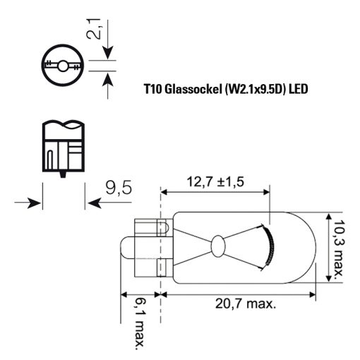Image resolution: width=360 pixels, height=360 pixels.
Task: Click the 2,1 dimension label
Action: pyautogui.click(x=94, y=29)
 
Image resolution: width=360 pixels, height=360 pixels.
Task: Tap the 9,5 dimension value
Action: pyautogui.click(x=119, y=188)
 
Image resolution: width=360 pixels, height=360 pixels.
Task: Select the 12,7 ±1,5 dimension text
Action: pyautogui.click(x=215, y=182)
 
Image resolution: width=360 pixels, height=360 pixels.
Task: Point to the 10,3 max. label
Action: pyautogui.click(x=339, y=248)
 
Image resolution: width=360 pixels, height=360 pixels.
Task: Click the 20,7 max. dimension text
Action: pyautogui.click(x=245, y=304)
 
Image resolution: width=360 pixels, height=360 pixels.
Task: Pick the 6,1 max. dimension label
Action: pyautogui.click(x=139, y=324)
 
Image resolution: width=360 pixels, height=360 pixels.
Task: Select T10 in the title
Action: pyautogui.click(x=152, y=90)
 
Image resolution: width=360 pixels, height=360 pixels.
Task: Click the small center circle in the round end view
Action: pyautogui.click(x=63, y=66)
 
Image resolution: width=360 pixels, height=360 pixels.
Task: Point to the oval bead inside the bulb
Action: pyautogui.click(x=217, y=246)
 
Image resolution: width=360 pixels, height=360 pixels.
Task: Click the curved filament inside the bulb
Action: pyautogui.click(x=269, y=247)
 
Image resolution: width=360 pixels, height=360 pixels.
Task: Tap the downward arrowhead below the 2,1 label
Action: pyautogui.click(x=108, y=53)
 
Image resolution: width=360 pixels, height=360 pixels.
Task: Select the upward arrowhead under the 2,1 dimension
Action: pyautogui.click(x=108, y=80)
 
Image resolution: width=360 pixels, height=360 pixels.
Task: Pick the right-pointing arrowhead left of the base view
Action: pyautogui.click(x=35, y=203)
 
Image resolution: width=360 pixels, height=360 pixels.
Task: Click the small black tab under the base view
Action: pyautogui.click(x=63, y=174)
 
